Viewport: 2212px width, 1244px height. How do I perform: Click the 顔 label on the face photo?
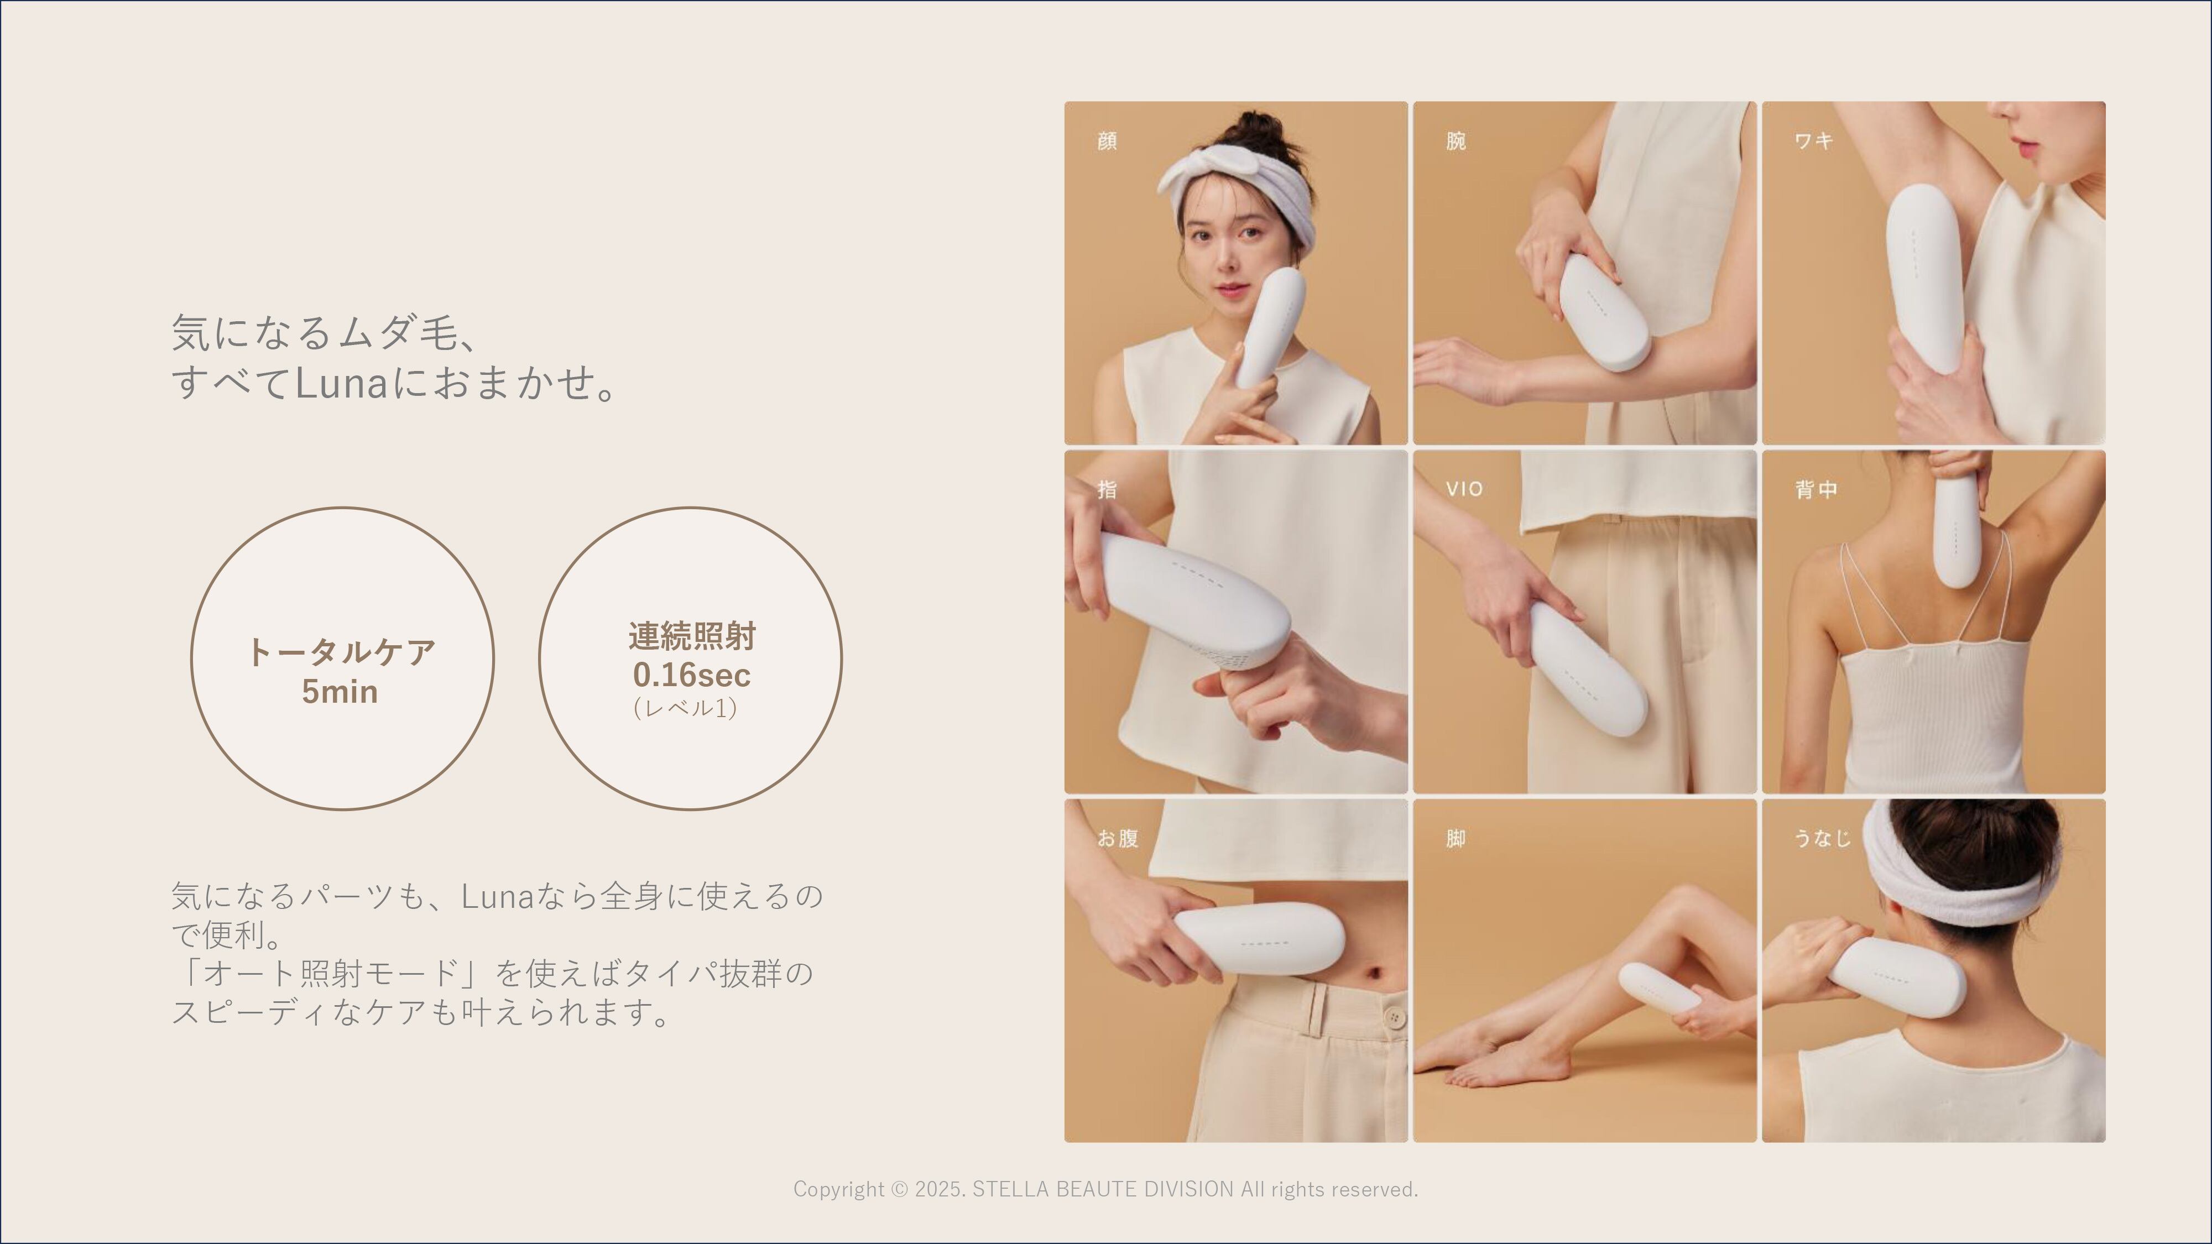click(1107, 141)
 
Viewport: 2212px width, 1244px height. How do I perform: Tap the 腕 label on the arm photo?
click(1455, 141)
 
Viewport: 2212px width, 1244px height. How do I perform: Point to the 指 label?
click(1107, 489)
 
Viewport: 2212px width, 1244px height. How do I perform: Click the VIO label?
click(1464, 489)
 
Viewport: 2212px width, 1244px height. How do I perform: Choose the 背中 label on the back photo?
click(1816, 489)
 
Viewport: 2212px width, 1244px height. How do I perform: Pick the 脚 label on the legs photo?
click(1455, 838)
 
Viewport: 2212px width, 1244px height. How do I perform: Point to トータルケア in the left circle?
click(341, 652)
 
